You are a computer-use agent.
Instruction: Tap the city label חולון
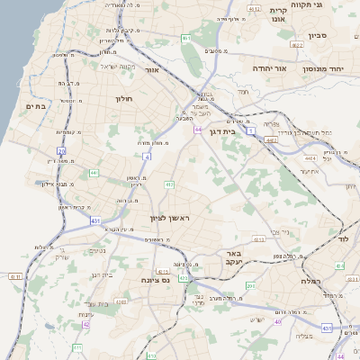124,98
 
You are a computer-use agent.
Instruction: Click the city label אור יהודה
268,67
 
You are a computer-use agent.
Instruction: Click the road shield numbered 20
61,151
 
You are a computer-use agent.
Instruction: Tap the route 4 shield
146,156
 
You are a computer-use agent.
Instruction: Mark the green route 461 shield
185,38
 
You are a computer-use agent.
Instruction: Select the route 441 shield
94,172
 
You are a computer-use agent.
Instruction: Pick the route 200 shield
250,285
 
